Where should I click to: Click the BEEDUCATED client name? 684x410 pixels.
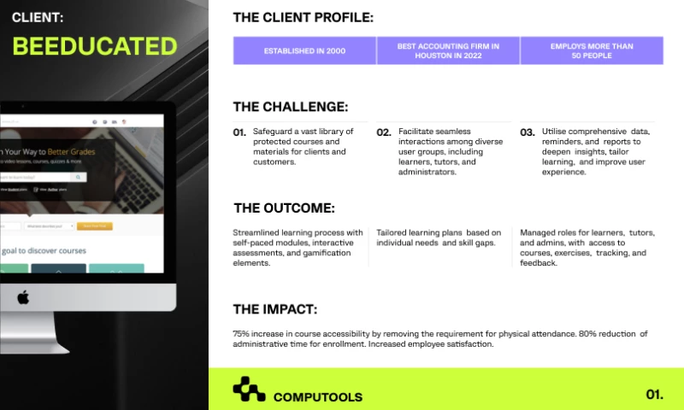coord(95,46)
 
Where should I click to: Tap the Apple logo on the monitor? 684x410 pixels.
coord(24,297)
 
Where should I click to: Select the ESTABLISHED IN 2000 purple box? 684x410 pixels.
coord(304,50)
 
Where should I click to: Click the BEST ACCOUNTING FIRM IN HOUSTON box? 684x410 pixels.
coord(448,50)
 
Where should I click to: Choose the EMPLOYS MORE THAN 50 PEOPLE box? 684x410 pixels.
coord(592,50)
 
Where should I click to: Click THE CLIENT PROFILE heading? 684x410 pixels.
coord(303,17)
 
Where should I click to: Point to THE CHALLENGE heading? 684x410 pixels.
coord(290,107)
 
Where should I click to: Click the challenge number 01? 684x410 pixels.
coord(239,132)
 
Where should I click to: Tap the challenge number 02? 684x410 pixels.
coord(384,132)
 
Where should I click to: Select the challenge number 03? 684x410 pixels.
coord(528,132)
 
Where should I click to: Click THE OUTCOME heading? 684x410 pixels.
coord(284,208)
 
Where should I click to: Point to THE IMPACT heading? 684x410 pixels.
coord(274,309)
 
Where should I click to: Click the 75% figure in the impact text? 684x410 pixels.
coord(242,333)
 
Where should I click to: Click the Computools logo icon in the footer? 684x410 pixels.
coord(249,389)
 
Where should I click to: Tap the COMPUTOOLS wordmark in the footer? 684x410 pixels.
coord(317,397)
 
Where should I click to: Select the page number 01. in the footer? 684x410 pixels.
coord(654,395)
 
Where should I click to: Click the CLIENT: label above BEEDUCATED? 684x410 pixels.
coord(38,16)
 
